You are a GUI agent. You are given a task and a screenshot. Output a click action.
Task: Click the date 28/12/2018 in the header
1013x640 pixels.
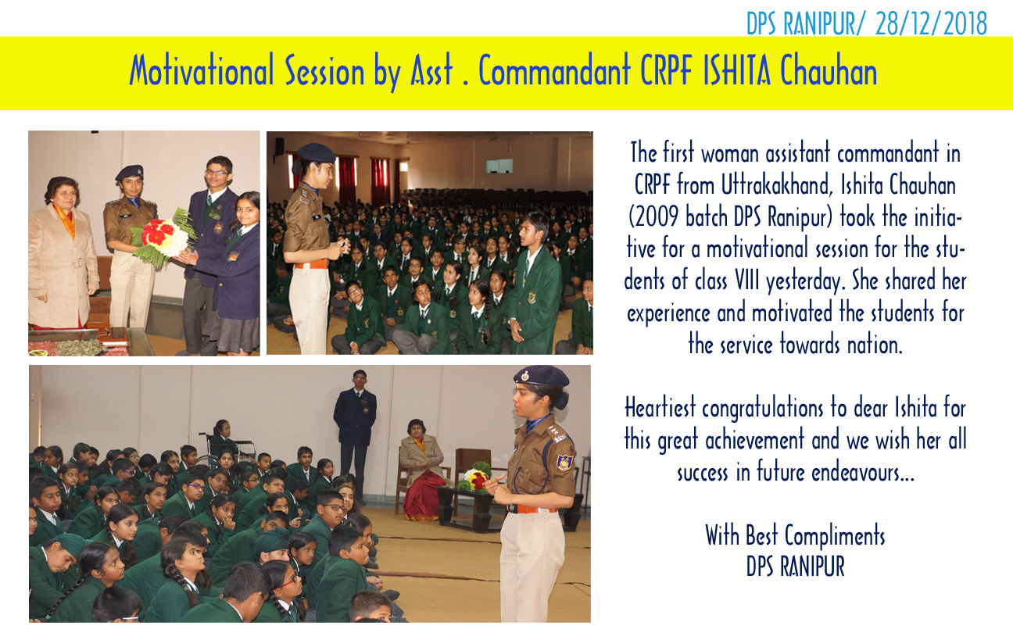(931, 23)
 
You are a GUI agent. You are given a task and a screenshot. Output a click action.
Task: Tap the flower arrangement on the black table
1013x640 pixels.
(474, 477)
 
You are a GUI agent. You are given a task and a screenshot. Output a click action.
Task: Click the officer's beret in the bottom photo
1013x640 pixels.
(541, 376)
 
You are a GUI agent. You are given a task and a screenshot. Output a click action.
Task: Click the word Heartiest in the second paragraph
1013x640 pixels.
(660, 408)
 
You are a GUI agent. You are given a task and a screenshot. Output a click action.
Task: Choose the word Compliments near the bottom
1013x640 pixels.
(834, 536)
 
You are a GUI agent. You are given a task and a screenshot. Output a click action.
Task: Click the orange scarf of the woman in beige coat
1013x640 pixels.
(66, 219)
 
